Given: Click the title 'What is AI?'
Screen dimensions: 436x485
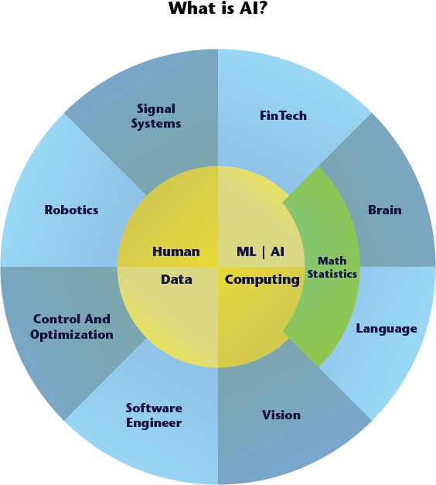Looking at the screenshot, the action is pos(218,8).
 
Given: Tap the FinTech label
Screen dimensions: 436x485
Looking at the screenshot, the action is pos(283,116).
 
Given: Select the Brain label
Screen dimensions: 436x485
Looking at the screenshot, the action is pos(385,210).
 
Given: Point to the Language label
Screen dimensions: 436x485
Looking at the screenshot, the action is pos(387,329).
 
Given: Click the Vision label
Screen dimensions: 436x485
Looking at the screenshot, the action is pos(281,415).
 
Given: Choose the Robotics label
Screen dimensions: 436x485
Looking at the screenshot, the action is pos(71,210).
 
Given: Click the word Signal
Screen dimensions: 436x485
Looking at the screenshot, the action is pos(156,110).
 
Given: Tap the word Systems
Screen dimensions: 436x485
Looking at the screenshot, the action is pos(156,124).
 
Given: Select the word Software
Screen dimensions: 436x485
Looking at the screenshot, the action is pos(154,408).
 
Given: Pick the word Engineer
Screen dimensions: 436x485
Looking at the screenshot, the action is pos(154,423).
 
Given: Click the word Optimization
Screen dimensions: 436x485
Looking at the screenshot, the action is pos(72,335).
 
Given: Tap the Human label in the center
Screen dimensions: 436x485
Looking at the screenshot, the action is pos(176,251).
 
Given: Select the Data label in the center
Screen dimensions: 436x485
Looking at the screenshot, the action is pos(176,279).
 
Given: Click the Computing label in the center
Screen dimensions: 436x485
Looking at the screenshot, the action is pos(262,280).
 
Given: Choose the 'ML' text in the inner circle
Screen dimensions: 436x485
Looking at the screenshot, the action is pos(247,251).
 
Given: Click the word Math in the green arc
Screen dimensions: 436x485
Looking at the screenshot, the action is pos(332,261).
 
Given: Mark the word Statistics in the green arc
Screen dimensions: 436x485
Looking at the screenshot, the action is pos(332,274).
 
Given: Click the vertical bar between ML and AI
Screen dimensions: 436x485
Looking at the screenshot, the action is pos(264,251).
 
